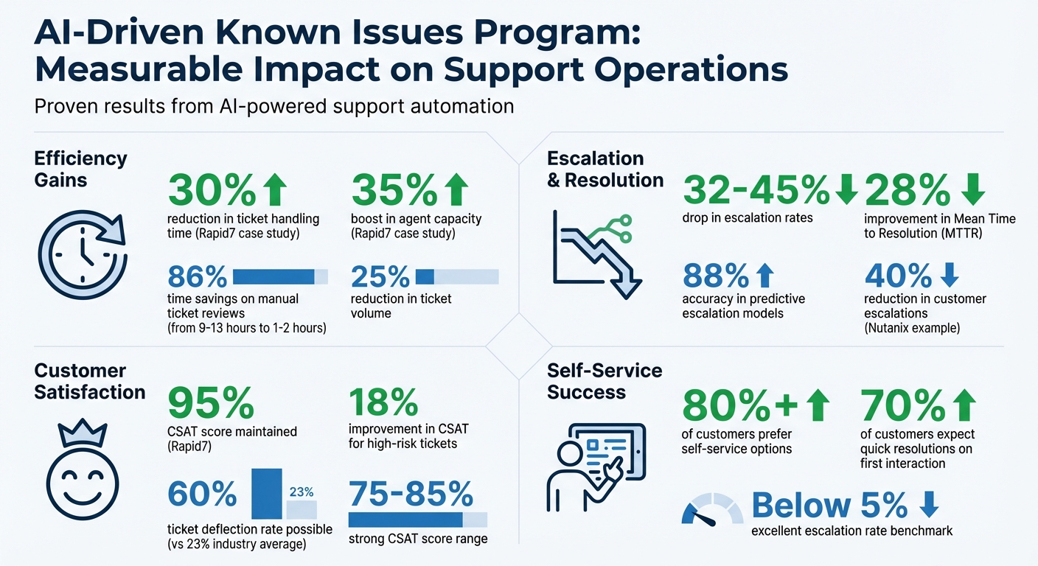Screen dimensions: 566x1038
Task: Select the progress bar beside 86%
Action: point(280,276)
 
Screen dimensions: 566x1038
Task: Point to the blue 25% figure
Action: point(380,277)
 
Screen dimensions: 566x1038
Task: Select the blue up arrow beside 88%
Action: point(765,276)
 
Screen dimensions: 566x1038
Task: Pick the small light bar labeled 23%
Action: point(302,509)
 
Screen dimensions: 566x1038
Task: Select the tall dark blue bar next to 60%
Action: point(266,493)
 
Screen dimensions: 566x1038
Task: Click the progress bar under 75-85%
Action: point(417,519)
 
